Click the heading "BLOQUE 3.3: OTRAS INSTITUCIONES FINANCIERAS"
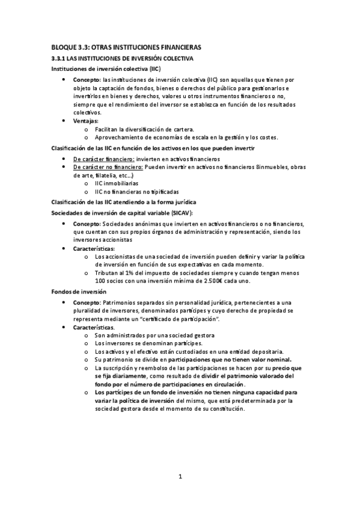(126, 47)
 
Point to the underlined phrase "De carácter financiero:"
(104, 158)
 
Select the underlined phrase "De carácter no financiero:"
(108, 167)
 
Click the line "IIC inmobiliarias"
(116, 183)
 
